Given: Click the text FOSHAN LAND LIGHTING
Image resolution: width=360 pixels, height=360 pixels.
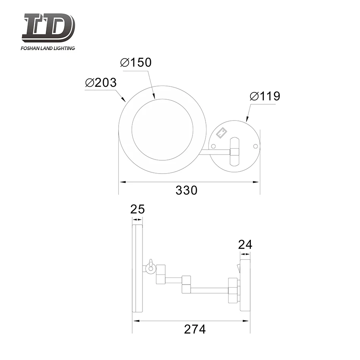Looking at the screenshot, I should pos(49,48).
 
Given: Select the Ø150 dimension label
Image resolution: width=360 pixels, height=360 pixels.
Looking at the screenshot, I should pos(136,63).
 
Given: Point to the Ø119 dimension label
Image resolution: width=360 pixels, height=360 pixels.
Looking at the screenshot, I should pos(265,96).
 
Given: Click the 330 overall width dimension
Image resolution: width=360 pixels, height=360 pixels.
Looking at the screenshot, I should pos(186,190).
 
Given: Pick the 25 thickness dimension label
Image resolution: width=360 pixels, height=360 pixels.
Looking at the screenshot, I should pos(138,209).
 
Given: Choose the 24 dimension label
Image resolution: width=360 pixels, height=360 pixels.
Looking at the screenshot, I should pos(245,244).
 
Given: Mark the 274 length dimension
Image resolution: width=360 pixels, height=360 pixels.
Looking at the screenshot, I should pos(195,329).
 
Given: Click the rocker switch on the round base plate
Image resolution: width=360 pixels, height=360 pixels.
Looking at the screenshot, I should pos(221,133).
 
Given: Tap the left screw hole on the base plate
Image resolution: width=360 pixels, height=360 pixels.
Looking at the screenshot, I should pos(213,146).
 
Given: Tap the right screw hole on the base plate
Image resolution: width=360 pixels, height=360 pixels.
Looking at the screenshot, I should pos(255,146).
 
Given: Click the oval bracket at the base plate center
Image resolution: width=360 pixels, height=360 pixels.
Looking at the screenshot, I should pos(235,152).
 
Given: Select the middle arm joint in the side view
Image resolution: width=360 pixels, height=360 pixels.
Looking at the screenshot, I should pos(186,285).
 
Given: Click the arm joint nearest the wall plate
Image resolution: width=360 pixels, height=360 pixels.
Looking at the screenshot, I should pos(232,290).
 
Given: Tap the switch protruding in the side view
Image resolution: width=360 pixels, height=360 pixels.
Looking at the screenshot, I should pos(239,267).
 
